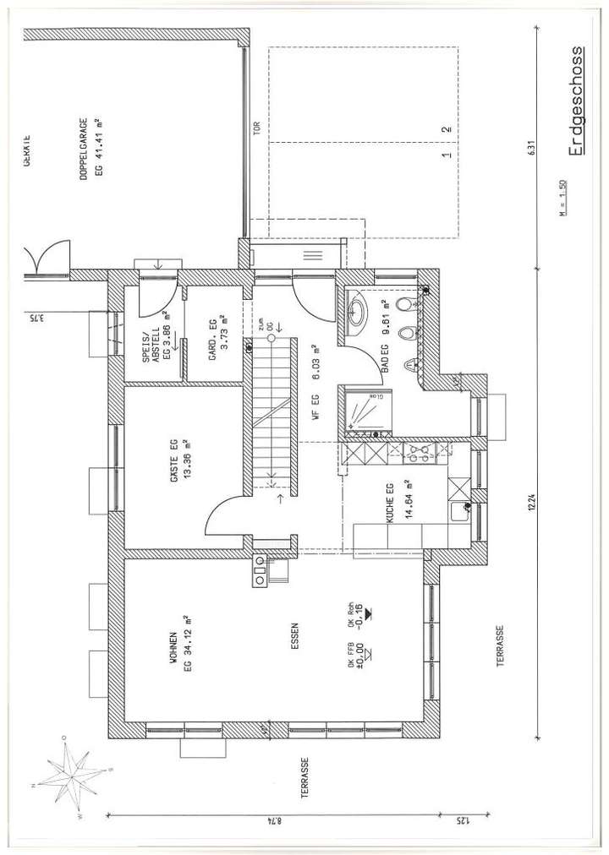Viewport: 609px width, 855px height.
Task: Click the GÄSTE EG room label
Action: coord(179,459)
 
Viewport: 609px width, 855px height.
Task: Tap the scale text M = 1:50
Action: coord(564,200)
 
